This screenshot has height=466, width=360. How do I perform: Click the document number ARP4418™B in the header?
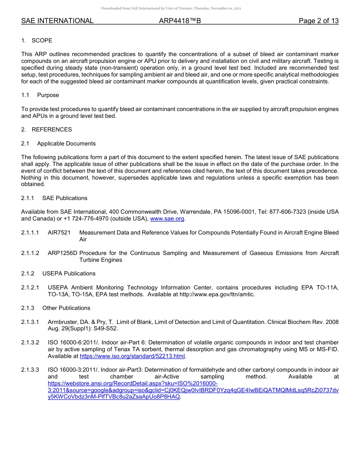point(180,21)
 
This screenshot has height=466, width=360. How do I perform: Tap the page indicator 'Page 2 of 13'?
point(318,21)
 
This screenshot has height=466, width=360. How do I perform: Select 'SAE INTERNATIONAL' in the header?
point(57,21)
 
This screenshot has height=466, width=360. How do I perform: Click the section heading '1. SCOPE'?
point(37,41)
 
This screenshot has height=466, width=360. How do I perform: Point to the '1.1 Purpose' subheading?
point(40,95)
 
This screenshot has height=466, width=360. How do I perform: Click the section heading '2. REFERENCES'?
point(46,130)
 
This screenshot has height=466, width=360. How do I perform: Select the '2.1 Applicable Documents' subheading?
point(58,144)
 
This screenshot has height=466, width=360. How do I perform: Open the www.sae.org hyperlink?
point(167,219)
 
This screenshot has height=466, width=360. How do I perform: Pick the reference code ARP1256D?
point(63,253)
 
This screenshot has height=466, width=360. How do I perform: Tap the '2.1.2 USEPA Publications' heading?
point(58,274)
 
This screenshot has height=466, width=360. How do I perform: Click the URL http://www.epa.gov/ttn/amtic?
point(217,294)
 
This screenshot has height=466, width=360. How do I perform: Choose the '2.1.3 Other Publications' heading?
point(56,308)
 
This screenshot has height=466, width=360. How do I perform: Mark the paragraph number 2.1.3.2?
point(30,342)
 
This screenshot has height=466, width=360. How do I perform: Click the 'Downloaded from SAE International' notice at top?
point(171,8)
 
